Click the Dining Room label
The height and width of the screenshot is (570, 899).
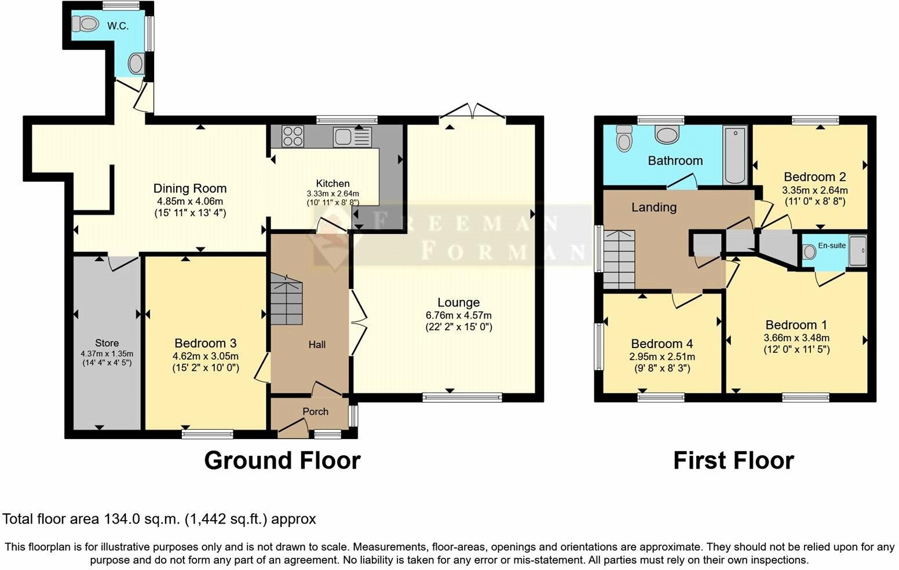(x=190, y=188)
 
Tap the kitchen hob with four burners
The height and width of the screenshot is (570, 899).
(x=293, y=136)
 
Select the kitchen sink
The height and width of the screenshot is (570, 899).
(x=352, y=137)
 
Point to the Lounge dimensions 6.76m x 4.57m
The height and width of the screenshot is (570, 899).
(x=459, y=316)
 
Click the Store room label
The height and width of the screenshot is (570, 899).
(x=107, y=343)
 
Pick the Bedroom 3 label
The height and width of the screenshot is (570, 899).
(x=206, y=343)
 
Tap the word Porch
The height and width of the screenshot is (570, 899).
(x=316, y=411)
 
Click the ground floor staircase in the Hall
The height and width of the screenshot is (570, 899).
(x=287, y=298)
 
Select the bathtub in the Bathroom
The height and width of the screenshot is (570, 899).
(x=735, y=155)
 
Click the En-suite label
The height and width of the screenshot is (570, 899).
(x=832, y=245)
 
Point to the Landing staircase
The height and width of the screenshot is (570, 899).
(x=619, y=260)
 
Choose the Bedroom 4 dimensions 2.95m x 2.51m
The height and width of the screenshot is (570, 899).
(x=662, y=356)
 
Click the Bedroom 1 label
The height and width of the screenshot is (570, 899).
(x=796, y=325)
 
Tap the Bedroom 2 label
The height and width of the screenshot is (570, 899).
(x=814, y=177)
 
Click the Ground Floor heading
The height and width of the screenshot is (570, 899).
(x=282, y=461)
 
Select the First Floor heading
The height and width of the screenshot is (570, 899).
(x=734, y=461)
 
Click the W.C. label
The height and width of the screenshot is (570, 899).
(x=118, y=27)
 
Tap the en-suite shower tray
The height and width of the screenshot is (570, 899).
(x=858, y=251)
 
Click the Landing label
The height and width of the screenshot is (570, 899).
(x=654, y=207)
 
